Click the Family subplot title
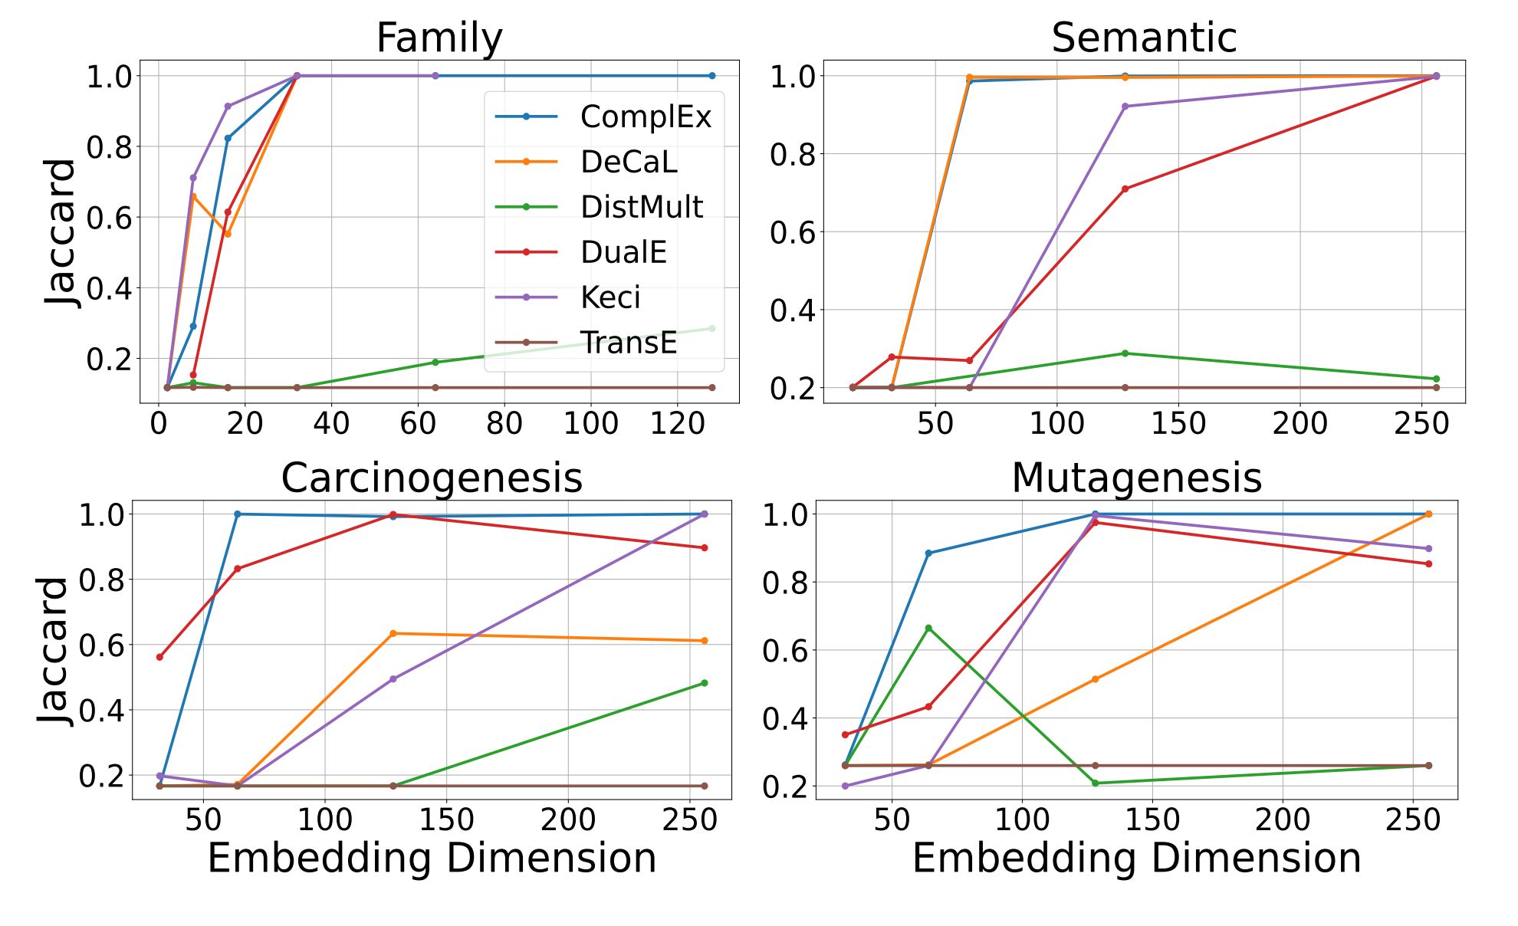click(439, 38)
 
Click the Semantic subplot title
click(1144, 38)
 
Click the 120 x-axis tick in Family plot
click(677, 423)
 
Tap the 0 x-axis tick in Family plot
click(159, 423)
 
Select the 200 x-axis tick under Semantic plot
click(1300, 423)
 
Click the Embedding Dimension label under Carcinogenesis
click(432, 858)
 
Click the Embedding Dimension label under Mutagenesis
click(1136, 858)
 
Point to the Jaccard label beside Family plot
click(60, 232)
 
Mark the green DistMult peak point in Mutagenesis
click(928, 628)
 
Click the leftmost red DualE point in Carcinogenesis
click(159, 657)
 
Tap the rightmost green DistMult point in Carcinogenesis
click(705, 683)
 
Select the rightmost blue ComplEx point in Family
click(711, 76)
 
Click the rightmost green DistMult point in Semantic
click(1436, 379)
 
